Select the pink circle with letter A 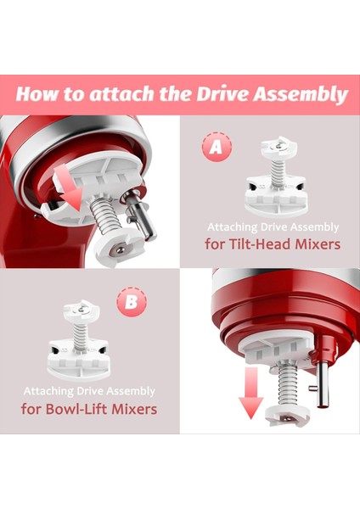(216, 148)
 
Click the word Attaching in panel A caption (234, 227)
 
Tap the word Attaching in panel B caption (49, 392)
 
